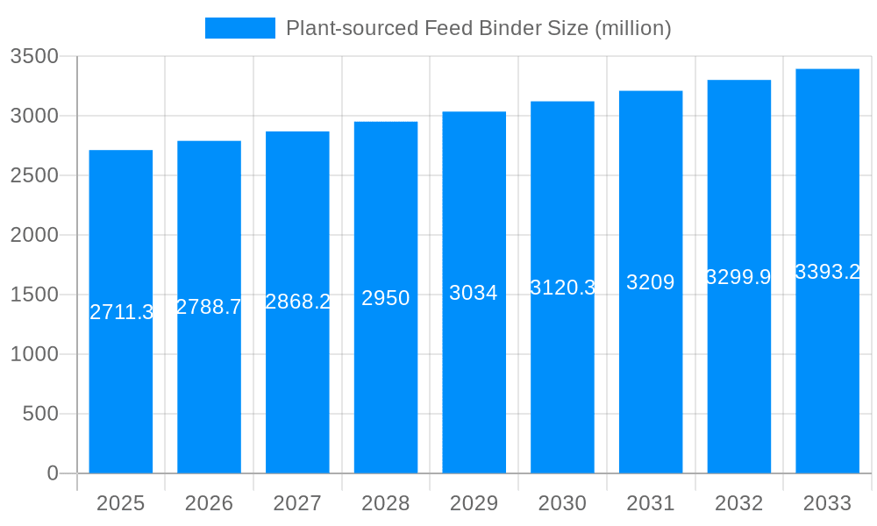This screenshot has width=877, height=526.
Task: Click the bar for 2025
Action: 121,386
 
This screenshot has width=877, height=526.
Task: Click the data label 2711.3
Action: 122,312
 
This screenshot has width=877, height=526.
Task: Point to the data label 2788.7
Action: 209,307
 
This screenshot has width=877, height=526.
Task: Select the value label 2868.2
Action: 297,302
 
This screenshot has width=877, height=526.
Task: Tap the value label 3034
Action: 474,293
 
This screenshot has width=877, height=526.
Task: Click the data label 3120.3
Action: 563,288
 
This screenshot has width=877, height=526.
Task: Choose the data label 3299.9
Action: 738,277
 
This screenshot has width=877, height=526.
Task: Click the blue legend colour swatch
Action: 239,28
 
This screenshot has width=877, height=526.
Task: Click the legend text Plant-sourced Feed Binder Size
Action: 479,28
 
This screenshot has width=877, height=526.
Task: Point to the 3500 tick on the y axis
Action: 34,56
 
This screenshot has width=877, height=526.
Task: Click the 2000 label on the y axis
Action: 34,235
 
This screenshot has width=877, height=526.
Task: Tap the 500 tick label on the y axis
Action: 40,414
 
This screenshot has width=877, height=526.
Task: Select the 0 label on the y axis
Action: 53,473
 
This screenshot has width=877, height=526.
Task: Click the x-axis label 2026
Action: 209,503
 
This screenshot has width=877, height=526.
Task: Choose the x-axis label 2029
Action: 474,503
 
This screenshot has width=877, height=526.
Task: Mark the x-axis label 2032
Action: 738,503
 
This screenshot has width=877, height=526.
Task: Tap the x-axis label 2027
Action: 297,503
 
